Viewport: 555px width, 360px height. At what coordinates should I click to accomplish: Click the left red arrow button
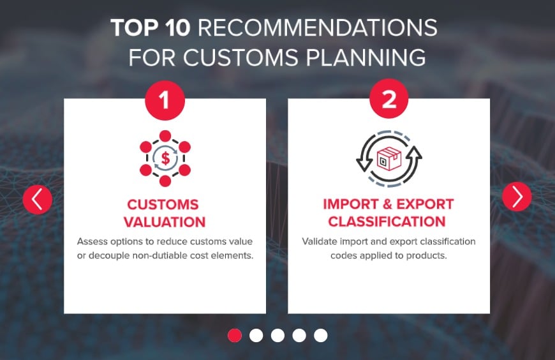pos(37,199)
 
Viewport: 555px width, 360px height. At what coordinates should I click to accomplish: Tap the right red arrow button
pos(517,197)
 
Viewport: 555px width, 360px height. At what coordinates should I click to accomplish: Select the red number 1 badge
pos(165,100)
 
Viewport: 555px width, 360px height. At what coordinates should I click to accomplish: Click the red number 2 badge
pos(389,100)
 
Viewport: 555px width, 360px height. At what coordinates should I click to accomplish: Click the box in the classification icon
pos(389,158)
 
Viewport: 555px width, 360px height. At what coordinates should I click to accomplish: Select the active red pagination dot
pos(235,335)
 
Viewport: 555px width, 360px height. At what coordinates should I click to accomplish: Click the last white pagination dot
pos(321,335)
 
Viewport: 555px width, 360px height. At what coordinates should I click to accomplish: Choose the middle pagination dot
pos(277,335)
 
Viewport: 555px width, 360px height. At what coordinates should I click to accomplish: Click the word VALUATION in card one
pos(165,222)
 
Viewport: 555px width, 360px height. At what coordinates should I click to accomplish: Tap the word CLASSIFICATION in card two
pos(388,222)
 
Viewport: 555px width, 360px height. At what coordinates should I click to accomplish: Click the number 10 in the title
pos(177,29)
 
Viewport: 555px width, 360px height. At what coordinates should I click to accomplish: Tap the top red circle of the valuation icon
pos(165,135)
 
